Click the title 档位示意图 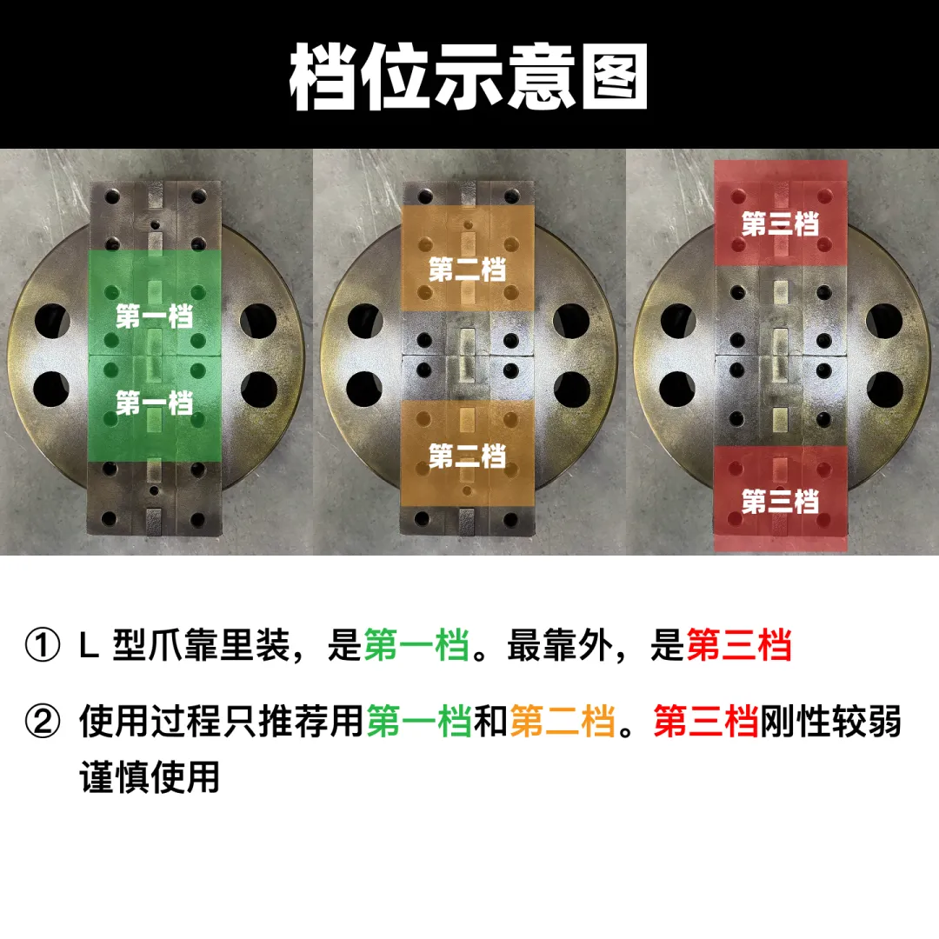[469, 77]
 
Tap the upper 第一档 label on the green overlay [155, 316]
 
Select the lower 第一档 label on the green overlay [155, 403]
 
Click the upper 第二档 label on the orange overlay [467, 270]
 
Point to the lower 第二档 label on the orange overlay [467, 456]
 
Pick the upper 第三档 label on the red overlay [780, 224]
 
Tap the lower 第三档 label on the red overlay [780, 502]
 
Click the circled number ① [43, 645]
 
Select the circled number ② [43, 721]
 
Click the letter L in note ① [89, 645]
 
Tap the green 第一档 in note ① [416, 645]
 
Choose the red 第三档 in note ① [739, 645]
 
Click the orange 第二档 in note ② [563, 721]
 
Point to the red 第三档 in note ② [706, 721]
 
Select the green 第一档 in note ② [419, 721]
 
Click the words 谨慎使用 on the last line [150, 776]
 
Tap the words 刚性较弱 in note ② [830, 721]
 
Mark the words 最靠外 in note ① [560, 645]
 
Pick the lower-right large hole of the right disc [884, 389]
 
